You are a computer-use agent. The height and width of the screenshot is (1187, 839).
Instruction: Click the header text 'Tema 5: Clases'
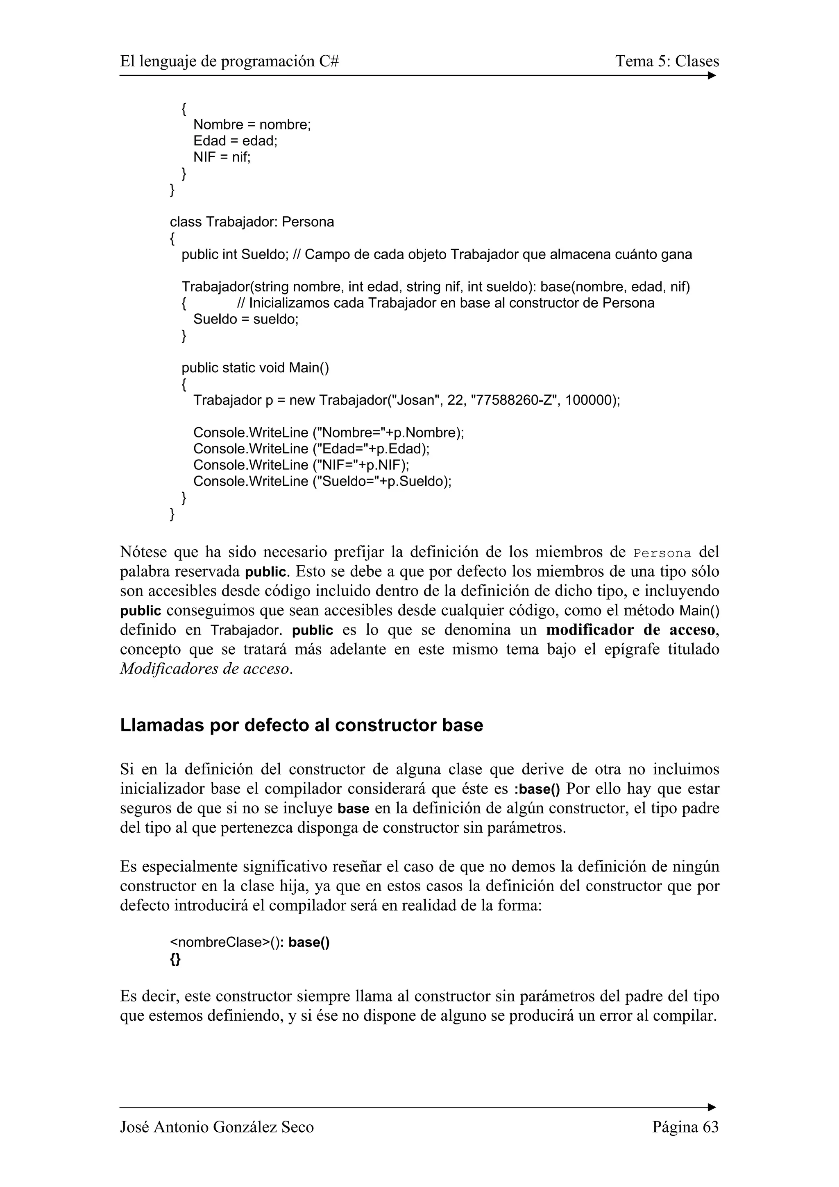[x=667, y=61]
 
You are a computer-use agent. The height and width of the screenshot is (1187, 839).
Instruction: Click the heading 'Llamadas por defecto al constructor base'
[x=302, y=725]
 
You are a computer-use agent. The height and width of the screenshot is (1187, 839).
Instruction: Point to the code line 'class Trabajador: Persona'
[x=252, y=222]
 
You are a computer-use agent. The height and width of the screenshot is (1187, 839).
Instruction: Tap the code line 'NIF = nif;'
[x=222, y=157]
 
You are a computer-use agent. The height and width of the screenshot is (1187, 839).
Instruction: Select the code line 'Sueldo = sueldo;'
[x=246, y=319]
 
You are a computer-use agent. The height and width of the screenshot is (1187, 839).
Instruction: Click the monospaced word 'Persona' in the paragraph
[x=662, y=553]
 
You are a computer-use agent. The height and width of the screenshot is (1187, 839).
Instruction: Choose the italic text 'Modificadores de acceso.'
[x=206, y=668]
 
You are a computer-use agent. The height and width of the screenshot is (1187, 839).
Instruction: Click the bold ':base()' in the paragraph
[x=537, y=789]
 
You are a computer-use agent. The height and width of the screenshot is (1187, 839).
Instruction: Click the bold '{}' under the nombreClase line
[x=175, y=960]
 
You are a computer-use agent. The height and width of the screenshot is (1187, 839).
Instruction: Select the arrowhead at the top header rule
[x=712, y=76]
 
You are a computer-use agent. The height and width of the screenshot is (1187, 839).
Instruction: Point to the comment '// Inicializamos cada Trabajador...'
[x=446, y=303]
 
